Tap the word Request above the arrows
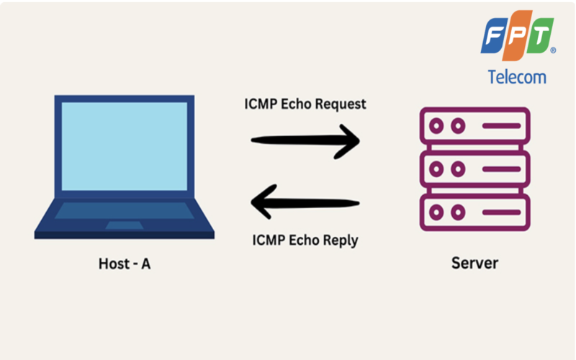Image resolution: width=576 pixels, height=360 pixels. coord(339,104)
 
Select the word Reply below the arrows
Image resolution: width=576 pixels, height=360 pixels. coord(339,240)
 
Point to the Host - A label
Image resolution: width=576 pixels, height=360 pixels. coord(124,264)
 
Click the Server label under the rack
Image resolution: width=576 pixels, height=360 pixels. coord(474,263)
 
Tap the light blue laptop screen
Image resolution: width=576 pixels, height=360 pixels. coord(125,146)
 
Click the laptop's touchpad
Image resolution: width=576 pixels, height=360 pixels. coord(124,225)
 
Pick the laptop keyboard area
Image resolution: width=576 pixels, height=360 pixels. coord(124,212)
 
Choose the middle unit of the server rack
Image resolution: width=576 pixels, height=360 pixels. coord(474,169)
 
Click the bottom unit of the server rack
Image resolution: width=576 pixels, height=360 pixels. coord(474,212)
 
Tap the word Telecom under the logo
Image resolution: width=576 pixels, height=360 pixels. coord(517,77)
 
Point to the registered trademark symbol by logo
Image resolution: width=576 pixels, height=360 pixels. coord(553,51)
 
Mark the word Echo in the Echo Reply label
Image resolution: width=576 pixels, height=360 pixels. coord(303,240)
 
